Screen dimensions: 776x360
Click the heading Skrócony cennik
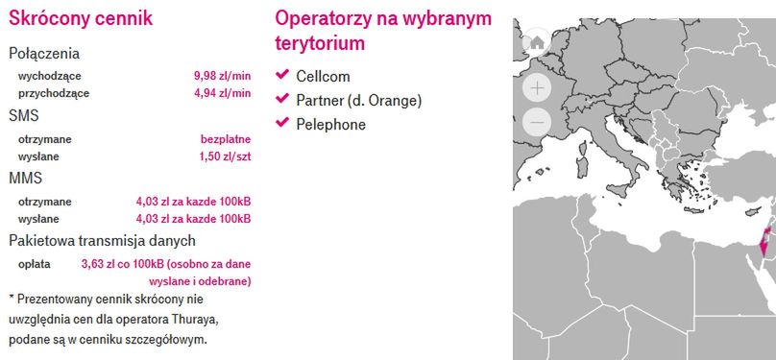click(x=81, y=18)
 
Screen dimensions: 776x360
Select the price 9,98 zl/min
click(x=222, y=76)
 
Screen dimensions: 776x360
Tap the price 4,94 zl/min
click(x=222, y=93)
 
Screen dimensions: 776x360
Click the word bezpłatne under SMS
click(x=226, y=139)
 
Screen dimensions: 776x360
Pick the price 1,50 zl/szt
click(x=225, y=156)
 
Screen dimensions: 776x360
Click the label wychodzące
click(x=50, y=77)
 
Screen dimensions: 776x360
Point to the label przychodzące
click(x=54, y=93)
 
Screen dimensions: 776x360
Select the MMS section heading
click(x=26, y=179)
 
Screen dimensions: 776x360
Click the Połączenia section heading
click(x=44, y=54)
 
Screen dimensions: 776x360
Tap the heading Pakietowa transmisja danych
click(x=102, y=241)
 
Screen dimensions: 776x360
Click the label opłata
click(x=35, y=264)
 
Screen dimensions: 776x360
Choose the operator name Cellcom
click(x=323, y=77)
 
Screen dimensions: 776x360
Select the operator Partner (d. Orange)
click(x=359, y=101)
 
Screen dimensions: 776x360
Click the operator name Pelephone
click(x=331, y=124)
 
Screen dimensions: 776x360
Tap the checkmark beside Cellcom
click(x=282, y=75)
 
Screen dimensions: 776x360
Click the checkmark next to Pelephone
click(x=282, y=122)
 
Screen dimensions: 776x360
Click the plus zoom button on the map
click(x=537, y=88)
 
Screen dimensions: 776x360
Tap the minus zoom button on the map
click(x=537, y=122)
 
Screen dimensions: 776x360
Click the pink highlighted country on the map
click(x=765, y=241)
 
